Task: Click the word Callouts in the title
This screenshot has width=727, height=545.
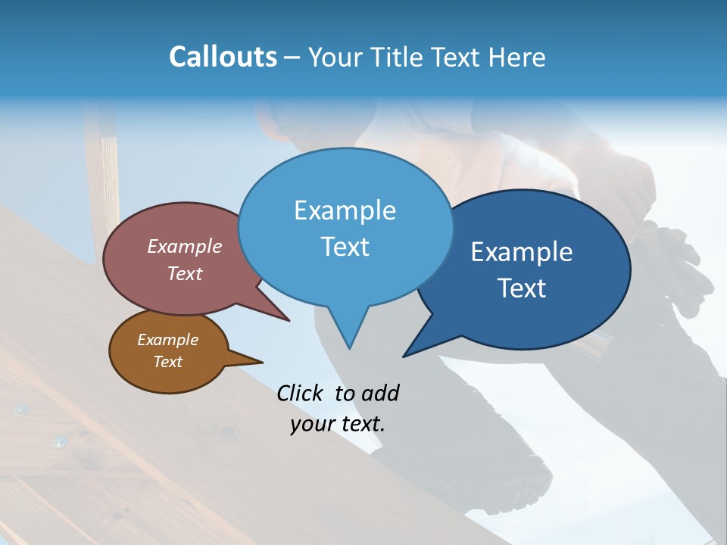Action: coord(223,57)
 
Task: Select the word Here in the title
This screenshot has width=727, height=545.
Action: coord(517,57)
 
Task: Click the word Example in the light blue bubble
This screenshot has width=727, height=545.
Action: coord(345,210)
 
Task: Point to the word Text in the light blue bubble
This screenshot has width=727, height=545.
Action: coord(345,247)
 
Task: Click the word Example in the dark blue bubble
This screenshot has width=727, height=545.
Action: coord(522,252)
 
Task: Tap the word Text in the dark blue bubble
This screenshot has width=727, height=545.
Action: coord(522,288)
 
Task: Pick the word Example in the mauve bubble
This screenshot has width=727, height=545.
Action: coord(185,246)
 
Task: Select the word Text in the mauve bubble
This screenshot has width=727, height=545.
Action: coord(185,273)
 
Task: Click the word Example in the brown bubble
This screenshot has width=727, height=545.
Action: coord(167,340)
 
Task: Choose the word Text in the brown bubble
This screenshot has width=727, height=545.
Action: coord(167,362)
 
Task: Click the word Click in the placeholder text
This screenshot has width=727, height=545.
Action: coord(301,393)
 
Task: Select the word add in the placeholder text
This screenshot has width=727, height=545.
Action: coord(380,393)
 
